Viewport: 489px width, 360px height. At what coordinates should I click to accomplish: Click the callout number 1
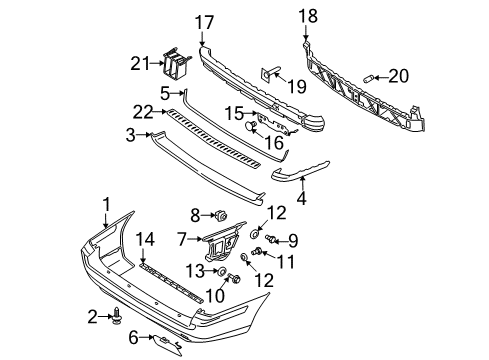[106, 205]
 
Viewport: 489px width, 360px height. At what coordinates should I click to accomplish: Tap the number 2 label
[92, 317]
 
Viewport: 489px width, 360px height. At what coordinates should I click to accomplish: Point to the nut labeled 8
[221, 215]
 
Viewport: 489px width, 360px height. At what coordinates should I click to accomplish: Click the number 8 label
[196, 214]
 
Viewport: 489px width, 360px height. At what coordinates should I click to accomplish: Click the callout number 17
[204, 22]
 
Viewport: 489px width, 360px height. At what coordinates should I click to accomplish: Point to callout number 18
[308, 16]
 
